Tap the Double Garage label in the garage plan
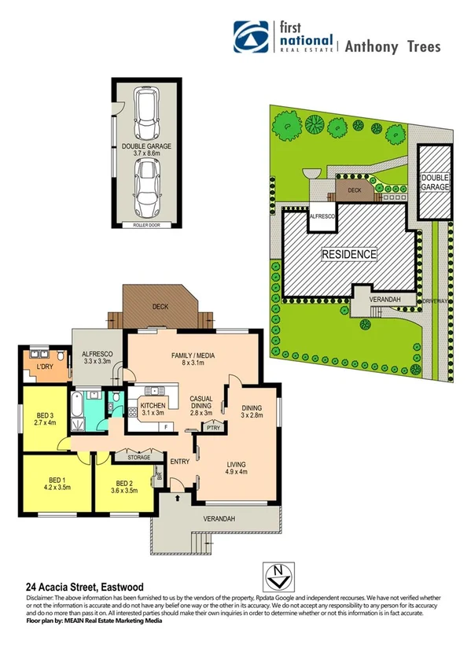[146, 149]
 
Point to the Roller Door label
[146, 226]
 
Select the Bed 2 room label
[127, 486]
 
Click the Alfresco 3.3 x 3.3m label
[98, 359]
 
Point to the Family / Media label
[193, 359]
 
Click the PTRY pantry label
[212, 428]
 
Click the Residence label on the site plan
[348, 255]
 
